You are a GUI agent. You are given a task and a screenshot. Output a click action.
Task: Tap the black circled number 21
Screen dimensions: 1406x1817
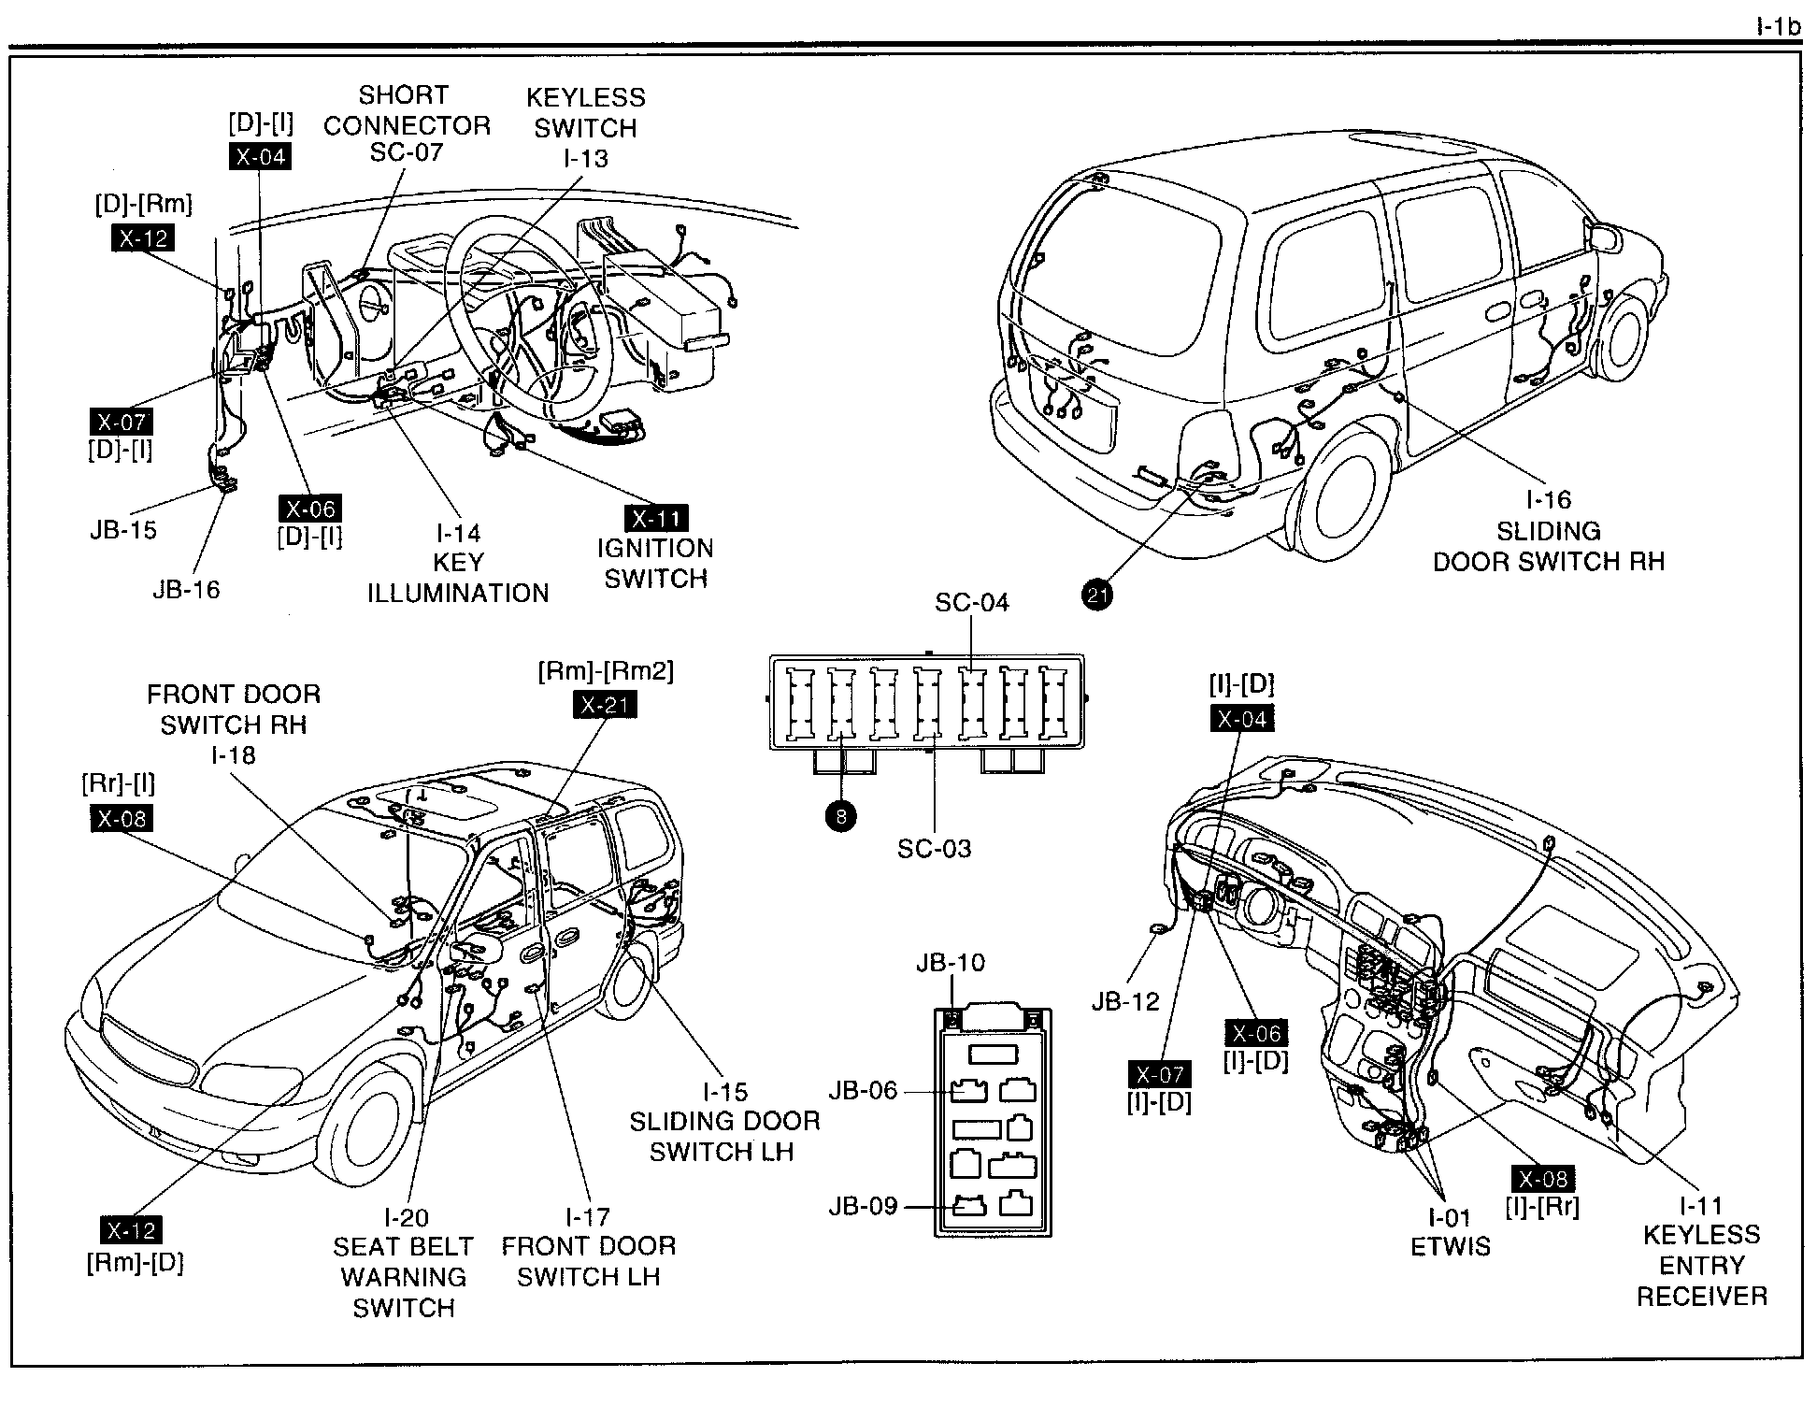pos(1097,595)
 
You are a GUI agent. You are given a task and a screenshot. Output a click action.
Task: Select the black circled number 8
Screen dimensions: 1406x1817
pos(841,816)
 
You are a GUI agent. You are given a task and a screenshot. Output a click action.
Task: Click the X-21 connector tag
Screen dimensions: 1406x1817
pos(605,704)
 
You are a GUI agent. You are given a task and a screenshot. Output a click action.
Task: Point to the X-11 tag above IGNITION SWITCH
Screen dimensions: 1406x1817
pos(656,519)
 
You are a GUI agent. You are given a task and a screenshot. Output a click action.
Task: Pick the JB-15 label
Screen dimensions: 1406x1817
pos(123,530)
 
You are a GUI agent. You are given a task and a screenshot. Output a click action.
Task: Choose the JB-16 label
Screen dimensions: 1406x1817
pos(186,590)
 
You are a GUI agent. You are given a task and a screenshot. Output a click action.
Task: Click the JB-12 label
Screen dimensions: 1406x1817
pos(1125,1001)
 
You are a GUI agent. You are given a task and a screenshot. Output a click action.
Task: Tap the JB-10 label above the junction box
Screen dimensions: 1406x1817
pos(951,962)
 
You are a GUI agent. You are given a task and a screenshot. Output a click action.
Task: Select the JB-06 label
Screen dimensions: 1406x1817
pos(863,1090)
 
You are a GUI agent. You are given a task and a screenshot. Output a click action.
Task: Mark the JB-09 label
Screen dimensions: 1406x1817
pos(863,1206)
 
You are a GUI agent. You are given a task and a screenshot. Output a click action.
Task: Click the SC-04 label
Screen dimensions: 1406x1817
pos(972,603)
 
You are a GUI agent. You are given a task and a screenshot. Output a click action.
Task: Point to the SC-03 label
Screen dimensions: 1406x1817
pos(934,849)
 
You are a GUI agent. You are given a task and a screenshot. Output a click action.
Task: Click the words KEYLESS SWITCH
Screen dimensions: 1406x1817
pos(585,112)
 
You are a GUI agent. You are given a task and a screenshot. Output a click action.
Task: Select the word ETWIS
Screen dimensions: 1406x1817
pos(1451,1247)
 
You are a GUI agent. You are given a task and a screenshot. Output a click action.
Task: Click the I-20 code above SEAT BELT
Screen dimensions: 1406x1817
pos(406,1217)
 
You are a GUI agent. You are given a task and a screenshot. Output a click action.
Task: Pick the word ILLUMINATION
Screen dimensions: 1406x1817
pos(458,594)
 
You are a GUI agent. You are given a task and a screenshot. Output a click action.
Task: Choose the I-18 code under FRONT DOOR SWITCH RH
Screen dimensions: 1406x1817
pos(234,755)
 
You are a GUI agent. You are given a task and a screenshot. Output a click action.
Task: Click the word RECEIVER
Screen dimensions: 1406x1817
pos(1701,1297)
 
